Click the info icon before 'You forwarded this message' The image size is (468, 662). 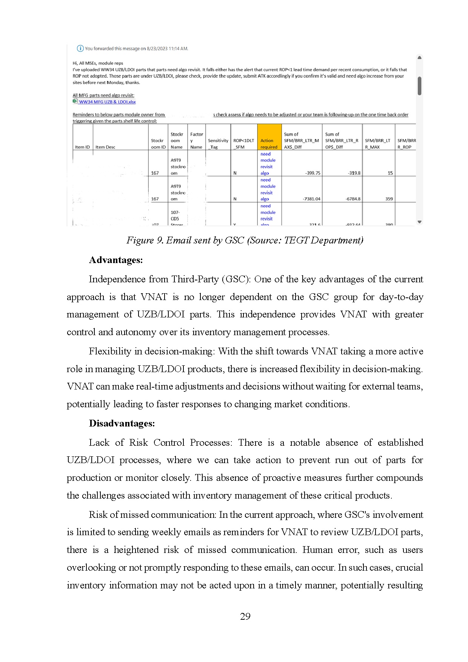[x=80, y=48]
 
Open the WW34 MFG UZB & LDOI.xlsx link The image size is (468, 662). [x=107, y=102]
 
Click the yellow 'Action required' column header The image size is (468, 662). [x=269, y=144]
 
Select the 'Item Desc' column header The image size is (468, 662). [x=105, y=147]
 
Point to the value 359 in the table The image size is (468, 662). [x=389, y=199]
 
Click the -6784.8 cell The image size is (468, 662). [x=353, y=199]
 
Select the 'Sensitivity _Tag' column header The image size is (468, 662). [x=218, y=144]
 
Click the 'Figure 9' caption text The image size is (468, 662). [x=245, y=240]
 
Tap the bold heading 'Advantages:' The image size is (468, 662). [x=116, y=260]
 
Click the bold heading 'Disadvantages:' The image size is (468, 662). [x=122, y=423]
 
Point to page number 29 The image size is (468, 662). [x=245, y=616]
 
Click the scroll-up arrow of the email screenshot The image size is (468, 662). [x=419, y=58]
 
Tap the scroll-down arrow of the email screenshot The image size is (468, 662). [x=419, y=222]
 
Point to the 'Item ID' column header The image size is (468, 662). [x=82, y=147]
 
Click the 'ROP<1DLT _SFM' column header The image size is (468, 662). [x=243, y=144]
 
